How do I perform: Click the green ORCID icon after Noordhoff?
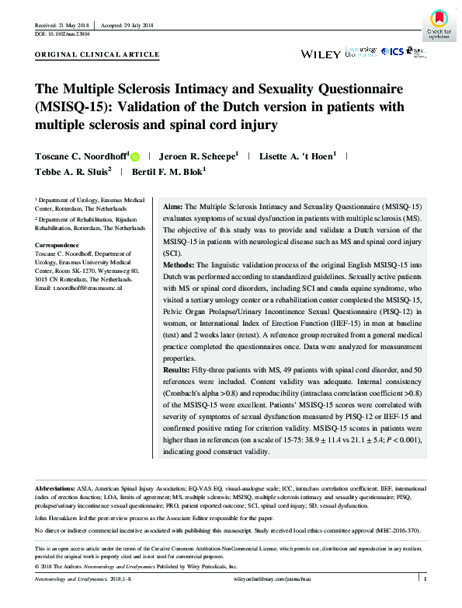point(134,155)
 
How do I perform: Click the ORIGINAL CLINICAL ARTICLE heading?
point(98,55)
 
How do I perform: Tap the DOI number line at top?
point(62,35)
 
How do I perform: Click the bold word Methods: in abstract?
point(179,265)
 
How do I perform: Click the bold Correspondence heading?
point(61,245)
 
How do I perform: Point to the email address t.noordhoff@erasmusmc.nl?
point(78,288)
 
